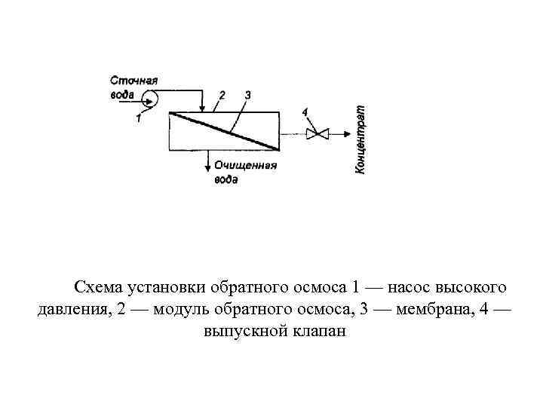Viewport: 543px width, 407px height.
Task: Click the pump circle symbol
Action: [x=147, y=96]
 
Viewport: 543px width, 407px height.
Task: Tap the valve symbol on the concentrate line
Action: [x=320, y=135]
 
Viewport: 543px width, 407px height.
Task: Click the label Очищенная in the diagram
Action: [x=245, y=165]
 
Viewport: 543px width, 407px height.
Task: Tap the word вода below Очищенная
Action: [x=225, y=179]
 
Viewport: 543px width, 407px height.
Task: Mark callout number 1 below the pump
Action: [x=139, y=117]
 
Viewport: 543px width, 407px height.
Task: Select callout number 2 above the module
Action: [x=222, y=95]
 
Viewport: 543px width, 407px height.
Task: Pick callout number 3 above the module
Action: [x=247, y=95]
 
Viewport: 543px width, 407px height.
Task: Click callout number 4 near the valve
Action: [x=305, y=112]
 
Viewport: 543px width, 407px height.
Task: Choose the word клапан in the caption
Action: [x=317, y=332]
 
